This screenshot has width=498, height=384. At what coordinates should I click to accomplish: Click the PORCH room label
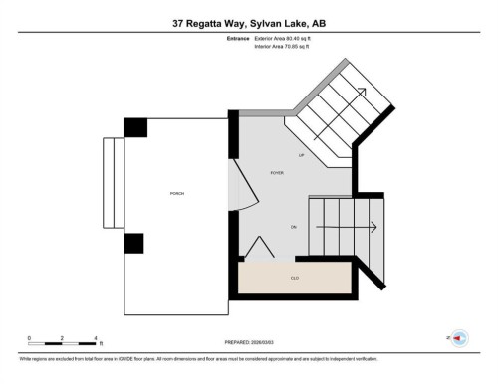point(176,193)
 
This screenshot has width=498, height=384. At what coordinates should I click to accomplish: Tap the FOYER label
point(277,173)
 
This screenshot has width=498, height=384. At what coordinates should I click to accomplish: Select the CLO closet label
point(295,278)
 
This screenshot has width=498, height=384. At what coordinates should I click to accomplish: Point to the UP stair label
point(301,155)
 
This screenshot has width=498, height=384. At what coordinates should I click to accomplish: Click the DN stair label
point(294,228)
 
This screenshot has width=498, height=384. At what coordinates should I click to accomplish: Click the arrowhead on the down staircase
point(372,228)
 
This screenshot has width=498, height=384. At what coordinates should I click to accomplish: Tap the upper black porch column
point(135,127)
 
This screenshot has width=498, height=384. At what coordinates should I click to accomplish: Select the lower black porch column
point(135,244)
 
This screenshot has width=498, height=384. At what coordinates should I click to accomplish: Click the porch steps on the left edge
point(113,184)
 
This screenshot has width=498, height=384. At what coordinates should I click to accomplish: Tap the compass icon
point(459,338)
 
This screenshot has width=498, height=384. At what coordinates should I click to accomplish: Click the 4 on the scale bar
point(95,338)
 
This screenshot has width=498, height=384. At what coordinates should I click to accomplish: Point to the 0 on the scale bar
point(29,338)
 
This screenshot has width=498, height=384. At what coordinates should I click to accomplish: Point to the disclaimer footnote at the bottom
point(199,358)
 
